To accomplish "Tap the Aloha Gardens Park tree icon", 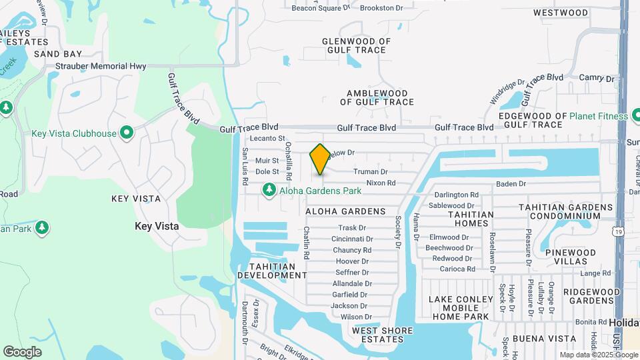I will click(269, 191).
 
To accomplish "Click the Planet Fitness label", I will click(598, 116).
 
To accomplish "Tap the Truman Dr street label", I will click(370, 172).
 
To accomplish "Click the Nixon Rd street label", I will click(381, 183).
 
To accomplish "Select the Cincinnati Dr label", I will click(351, 239).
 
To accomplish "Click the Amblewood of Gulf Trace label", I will click(377, 97).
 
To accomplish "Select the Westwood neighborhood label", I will click(561, 13).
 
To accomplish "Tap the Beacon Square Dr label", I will click(321, 8).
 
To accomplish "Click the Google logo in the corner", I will click(22, 352).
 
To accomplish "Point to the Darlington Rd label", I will click(457, 195).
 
